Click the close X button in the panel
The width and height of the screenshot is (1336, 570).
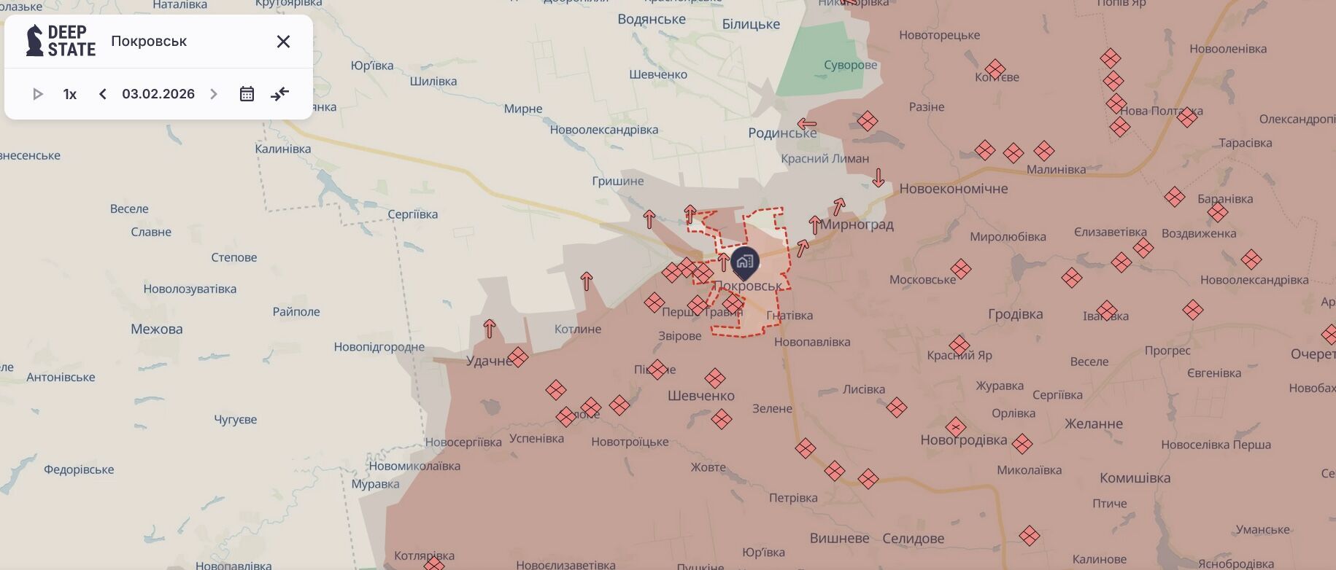click(x=283, y=42)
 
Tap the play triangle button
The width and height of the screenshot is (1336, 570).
click(x=38, y=94)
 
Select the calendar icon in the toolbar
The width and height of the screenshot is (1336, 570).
click(x=247, y=94)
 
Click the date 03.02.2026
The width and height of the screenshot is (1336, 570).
click(x=158, y=94)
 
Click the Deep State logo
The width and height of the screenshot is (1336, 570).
click(x=61, y=41)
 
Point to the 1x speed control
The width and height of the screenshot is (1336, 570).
click(x=70, y=94)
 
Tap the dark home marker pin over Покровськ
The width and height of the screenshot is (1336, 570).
click(x=744, y=262)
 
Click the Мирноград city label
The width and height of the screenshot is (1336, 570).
click(x=857, y=225)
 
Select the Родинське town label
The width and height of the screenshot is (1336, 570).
click(x=782, y=133)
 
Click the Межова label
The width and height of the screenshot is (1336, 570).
click(x=157, y=329)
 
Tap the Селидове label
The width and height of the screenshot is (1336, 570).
click(x=913, y=539)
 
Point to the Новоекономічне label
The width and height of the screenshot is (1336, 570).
click(x=953, y=189)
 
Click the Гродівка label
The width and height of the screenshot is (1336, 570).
click(x=1015, y=314)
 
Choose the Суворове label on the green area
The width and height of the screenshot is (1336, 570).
click(x=850, y=65)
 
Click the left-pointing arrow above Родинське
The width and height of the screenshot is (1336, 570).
click(x=806, y=123)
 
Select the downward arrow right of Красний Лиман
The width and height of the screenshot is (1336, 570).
click(x=879, y=177)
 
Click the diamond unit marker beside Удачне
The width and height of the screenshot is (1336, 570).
click(x=518, y=357)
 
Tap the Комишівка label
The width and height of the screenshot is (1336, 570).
click(x=1135, y=478)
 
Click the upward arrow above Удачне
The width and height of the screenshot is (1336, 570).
click(x=490, y=329)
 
